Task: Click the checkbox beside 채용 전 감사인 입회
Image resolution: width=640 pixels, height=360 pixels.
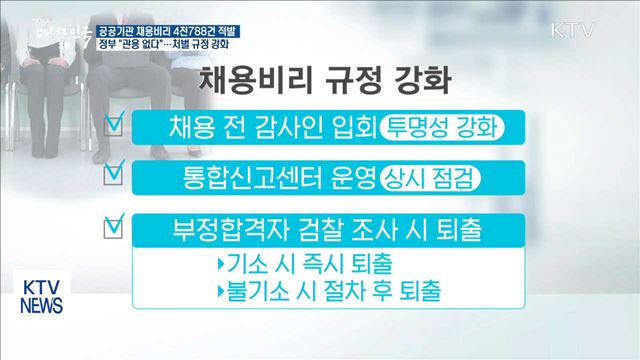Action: pos(116,125)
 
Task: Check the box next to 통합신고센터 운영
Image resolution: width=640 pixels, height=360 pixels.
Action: pos(116,174)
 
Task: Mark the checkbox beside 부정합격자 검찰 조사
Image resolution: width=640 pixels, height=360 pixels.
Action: pos(116,230)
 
